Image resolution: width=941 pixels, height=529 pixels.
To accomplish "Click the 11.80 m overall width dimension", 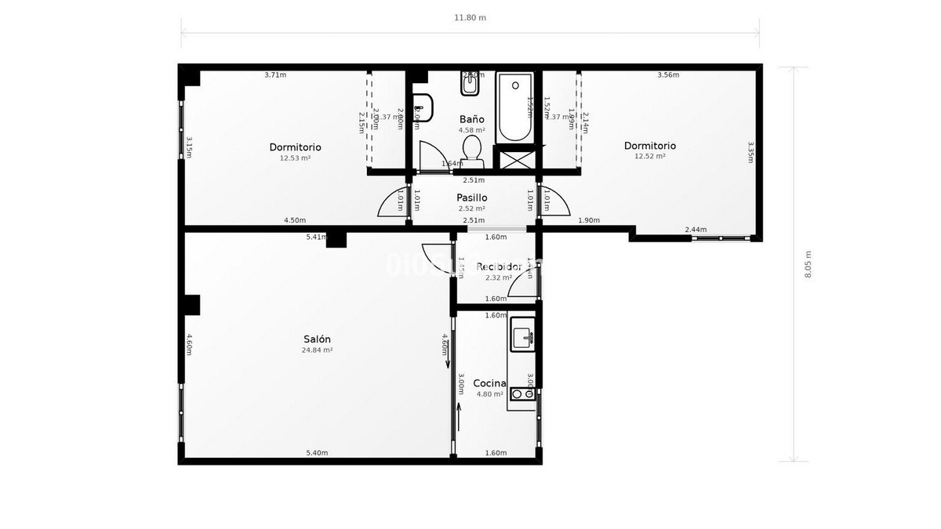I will pos(470,17).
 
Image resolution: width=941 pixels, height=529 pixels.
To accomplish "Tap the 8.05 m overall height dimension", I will pos(808,264).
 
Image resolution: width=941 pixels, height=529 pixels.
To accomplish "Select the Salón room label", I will pos(317,339).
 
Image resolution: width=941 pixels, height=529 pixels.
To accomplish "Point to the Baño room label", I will pos(471,119).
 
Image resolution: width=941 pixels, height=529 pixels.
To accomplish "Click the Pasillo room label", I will pos(471,197).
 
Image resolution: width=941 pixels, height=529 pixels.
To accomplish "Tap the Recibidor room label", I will pos(499,266).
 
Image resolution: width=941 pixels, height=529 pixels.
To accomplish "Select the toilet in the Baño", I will pos(471,149).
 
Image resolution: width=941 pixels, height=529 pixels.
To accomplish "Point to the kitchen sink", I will pos(522,337).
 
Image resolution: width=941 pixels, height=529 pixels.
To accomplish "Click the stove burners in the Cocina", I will pos(522,394).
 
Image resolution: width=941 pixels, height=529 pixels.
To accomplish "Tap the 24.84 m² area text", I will pos(317,350).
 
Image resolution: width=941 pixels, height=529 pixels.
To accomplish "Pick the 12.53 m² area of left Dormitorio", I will pos(295,158).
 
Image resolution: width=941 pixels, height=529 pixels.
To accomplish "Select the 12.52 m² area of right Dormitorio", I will pos(649,156).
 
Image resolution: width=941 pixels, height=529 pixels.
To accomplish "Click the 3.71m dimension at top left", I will pos(275,75).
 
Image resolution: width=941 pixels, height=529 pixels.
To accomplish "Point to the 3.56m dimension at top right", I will pos(667,75).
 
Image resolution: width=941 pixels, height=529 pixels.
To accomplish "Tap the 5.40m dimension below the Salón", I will pos(317,453).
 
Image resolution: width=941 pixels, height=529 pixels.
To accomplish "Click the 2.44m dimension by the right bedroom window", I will pos(696,230).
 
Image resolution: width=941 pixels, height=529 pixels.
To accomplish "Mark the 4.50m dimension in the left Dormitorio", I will pos(295,220).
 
